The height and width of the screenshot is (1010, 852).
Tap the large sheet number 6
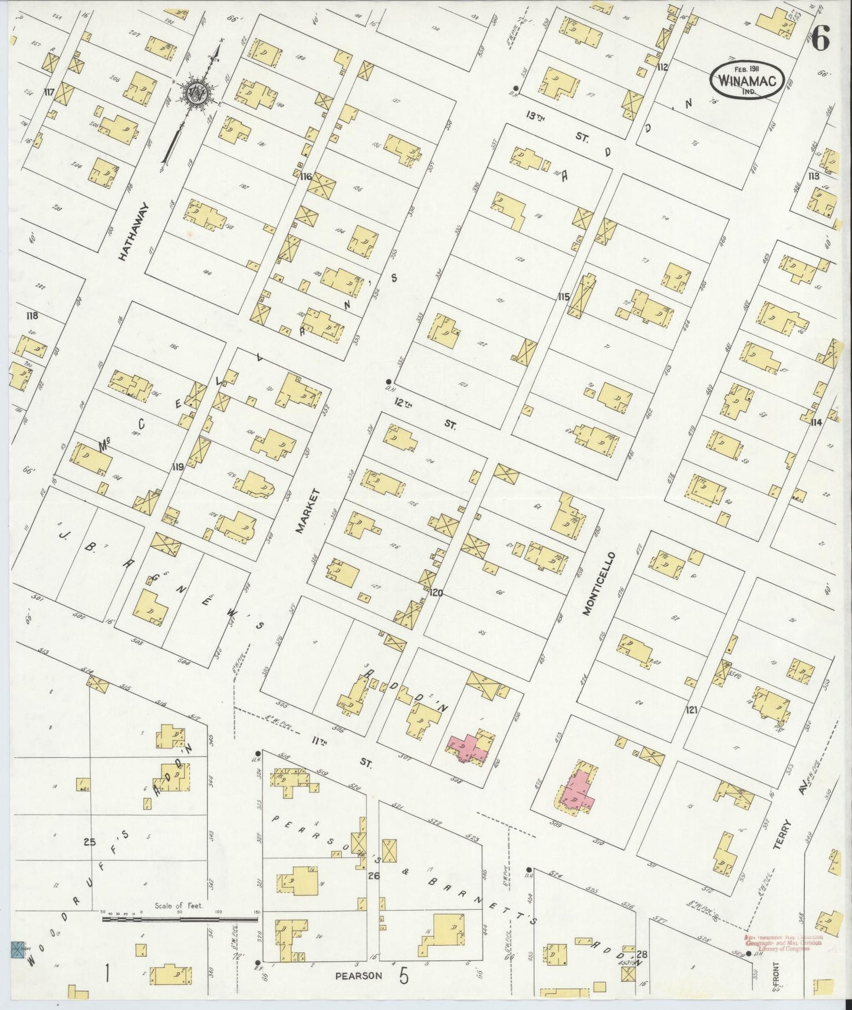coord(821,40)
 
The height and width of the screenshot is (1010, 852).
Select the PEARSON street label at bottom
coord(358,975)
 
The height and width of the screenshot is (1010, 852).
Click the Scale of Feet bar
coord(177,918)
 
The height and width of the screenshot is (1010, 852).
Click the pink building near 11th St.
coord(469,747)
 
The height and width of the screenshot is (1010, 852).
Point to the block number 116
coord(305,176)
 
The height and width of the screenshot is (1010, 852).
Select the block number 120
coord(436,592)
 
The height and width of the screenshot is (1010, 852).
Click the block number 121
coord(691,710)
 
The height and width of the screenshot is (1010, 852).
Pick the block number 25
coord(89,842)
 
